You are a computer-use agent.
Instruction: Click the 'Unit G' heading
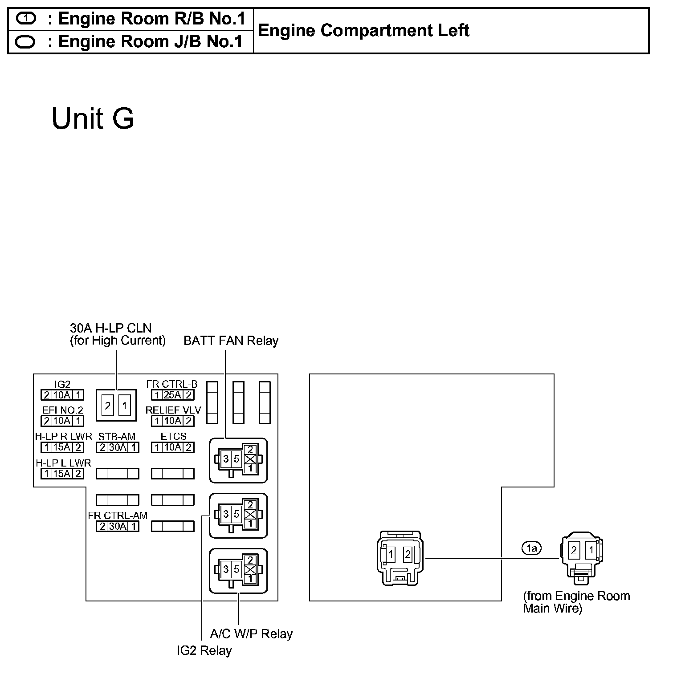(x=93, y=118)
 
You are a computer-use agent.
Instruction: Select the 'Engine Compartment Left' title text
(x=363, y=31)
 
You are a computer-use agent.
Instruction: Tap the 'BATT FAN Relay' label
(x=231, y=341)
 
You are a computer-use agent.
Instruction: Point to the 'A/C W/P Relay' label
(x=251, y=633)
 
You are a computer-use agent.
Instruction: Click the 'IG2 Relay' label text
(x=204, y=650)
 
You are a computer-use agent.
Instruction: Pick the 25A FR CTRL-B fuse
(x=172, y=395)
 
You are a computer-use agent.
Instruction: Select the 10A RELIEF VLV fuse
(x=172, y=421)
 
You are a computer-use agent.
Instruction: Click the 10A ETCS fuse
(x=172, y=447)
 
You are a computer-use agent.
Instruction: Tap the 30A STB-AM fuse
(x=118, y=447)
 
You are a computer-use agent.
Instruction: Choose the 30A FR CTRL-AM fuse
(x=118, y=526)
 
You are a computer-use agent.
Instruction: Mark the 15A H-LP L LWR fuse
(x=62, y=474)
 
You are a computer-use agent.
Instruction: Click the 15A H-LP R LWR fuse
(x=62, y=447)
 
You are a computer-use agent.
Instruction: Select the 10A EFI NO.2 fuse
(x=62, y=421)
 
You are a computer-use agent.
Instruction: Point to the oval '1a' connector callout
(x=531, y=548)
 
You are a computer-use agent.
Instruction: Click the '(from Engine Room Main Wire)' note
(x=576, y=602)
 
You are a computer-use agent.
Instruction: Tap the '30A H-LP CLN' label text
(x=111, y=329)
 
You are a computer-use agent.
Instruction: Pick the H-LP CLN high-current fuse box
(x=116, y=405)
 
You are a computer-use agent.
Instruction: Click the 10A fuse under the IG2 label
(x=62, y=395)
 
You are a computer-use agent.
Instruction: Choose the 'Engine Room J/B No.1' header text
(x=151, y=41)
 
